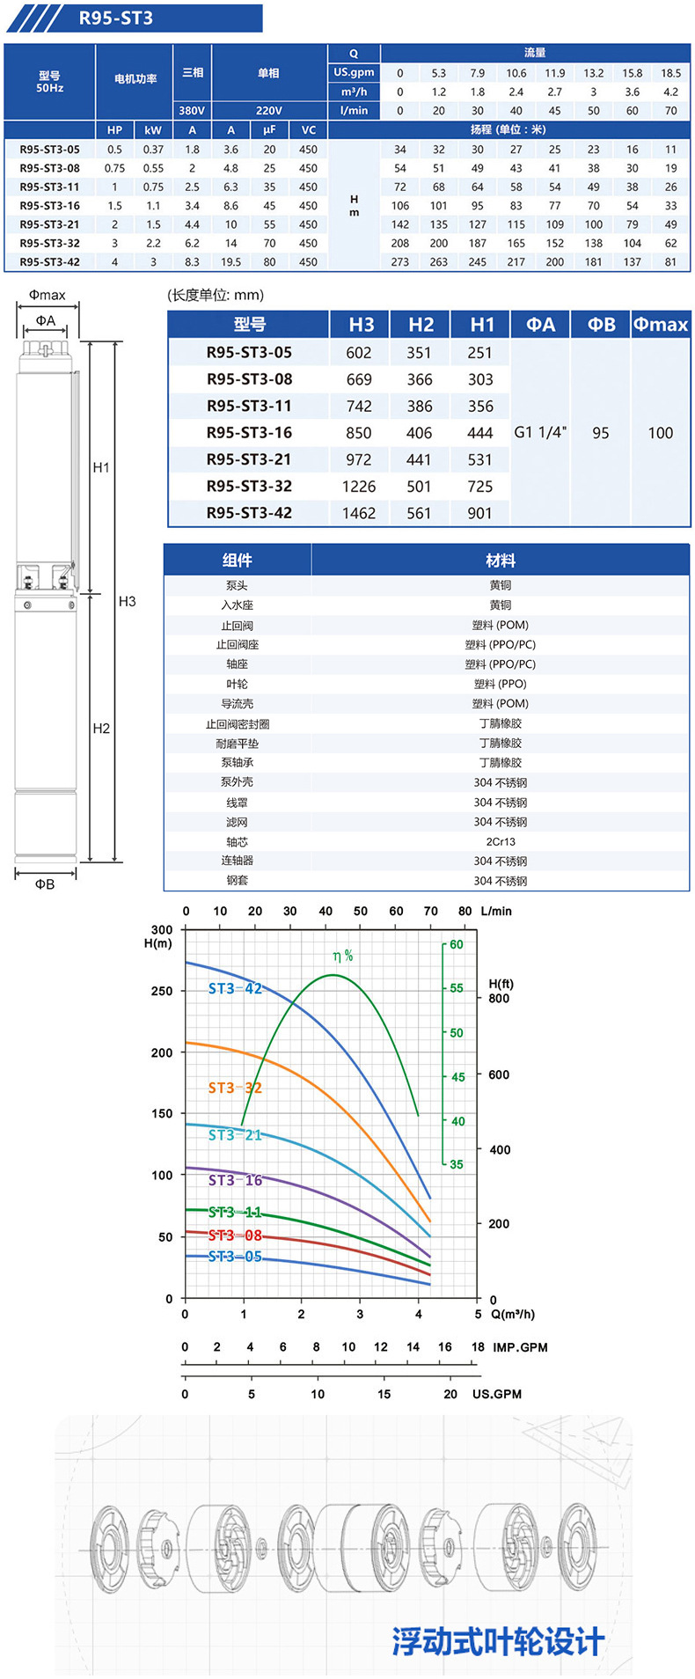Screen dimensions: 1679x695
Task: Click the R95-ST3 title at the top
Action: pyautogui.click(x=115, y=18)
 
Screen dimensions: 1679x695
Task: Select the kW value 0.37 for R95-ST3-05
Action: pyautogui.click(x=153, y=150)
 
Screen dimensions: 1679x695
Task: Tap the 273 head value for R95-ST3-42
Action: pyautogui.click(x=400, y=262)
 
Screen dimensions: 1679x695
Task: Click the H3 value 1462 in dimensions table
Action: pyautogui.click(x=359, y=513)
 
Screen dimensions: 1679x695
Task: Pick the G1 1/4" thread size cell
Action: pyautogui.click(x=540, y=433)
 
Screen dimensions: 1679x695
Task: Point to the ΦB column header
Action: pyautogui.click(x=601, y=325)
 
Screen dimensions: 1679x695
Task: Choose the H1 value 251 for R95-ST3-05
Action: pyautogui.click(x=479, y=353)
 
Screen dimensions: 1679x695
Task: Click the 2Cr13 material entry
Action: pyautogui.click(x=501, y=842)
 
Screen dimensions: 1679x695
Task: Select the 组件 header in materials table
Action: pyautogui.click(x=237, y=561)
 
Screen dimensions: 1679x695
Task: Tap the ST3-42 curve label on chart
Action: pyautogui.click(x=235, y=989)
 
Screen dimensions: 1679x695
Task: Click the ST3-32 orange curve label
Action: pyautogui.click(x=235, y=1088)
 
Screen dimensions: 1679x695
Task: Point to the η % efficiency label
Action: pyautogui.click(x=343, y=956)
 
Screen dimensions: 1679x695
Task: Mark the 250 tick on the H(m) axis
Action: pyautogui.click(x=162, y=991)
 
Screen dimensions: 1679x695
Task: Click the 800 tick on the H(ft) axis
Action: pyautogui.click(x=499, y=999)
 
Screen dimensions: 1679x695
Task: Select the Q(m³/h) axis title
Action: pyautogui.click(x=512, y=1315)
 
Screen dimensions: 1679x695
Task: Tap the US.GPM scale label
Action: pyautogui.click(x=496, y=1394)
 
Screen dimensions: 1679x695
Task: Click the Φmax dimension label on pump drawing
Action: pyautogui.click(x=47, y=296)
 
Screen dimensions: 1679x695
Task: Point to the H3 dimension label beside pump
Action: pyautogui.click(x=128, y=602)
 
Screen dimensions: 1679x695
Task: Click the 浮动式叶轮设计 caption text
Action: pyautogui.click(x=498, y=1641)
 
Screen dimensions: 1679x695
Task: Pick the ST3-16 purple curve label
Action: pyautogui.click(x=235, y=1180)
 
